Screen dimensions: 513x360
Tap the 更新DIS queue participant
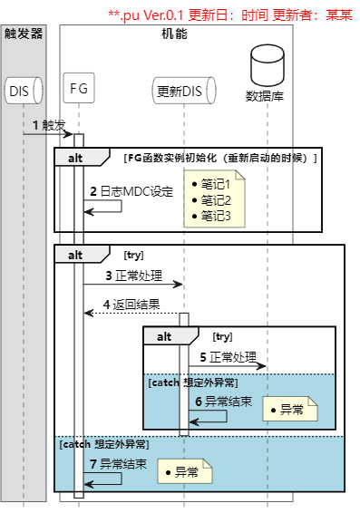tap(183, 91)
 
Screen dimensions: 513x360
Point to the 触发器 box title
tap(24, 34)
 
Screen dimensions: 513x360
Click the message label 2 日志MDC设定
tap(131, 191)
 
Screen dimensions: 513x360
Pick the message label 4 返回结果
tap(131, 304)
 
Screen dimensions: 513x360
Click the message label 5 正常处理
tap(228, 357)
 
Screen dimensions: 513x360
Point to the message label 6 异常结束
tap(224, 402)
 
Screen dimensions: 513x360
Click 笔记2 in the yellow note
tap(216, 200)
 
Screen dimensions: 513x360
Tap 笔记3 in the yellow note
tap(216, 216)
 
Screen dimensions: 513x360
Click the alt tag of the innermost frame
tap(165, 336)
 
